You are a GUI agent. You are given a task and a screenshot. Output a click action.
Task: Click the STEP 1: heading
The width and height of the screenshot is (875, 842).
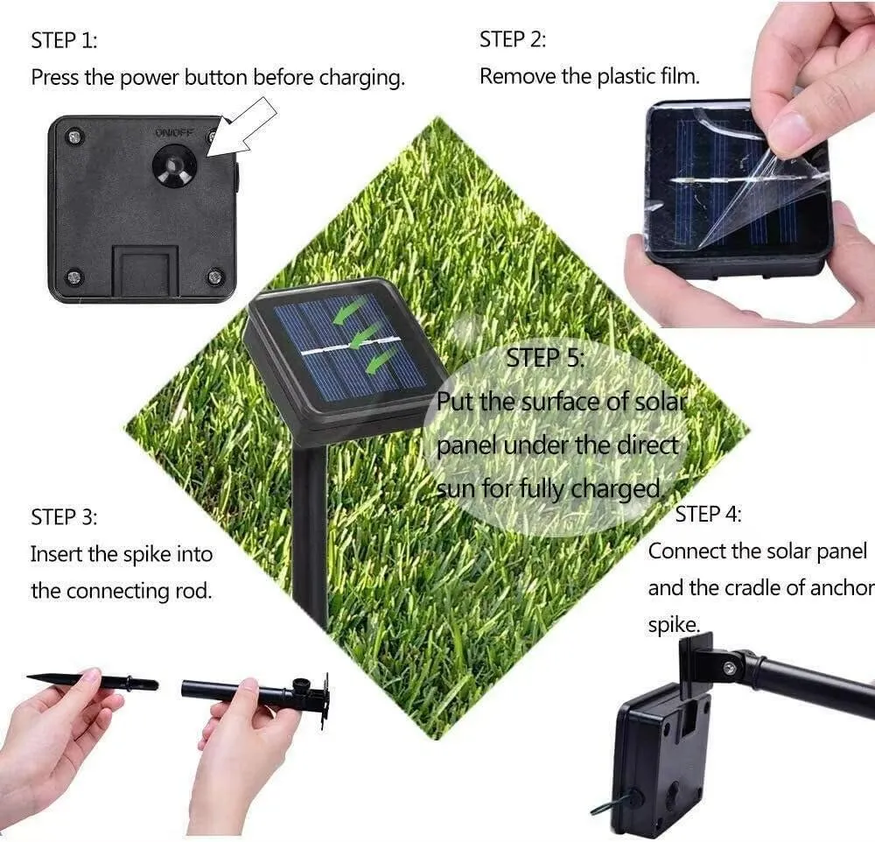pos(64,40)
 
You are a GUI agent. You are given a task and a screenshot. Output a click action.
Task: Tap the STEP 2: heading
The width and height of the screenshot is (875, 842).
pos(513,39)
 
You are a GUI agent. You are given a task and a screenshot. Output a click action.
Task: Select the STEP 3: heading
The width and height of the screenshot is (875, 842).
pos(64,516)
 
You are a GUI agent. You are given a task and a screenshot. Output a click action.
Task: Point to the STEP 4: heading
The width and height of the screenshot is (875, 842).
pos(708,515)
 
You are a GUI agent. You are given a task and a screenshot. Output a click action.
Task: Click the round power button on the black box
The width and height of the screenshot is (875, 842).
pos(173,165)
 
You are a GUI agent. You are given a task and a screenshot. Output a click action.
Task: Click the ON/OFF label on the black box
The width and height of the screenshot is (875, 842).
pos(173,133)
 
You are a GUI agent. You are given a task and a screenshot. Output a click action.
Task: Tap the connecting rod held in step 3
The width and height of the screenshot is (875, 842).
pos(254,693)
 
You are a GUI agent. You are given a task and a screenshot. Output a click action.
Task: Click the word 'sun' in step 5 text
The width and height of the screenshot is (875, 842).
pos(456,488)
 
